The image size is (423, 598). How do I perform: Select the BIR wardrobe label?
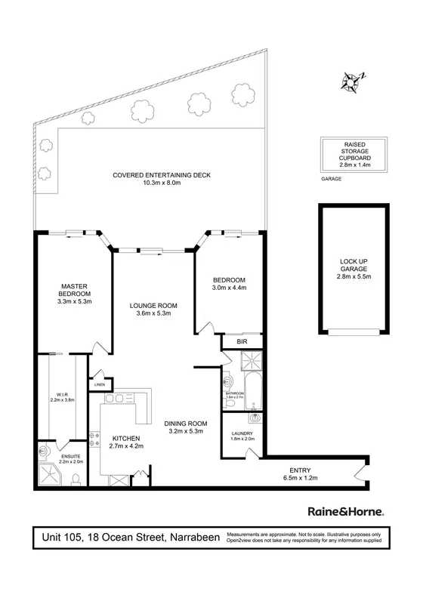point(243,341)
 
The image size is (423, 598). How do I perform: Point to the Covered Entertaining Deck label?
point(162,175)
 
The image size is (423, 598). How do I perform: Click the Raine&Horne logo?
point(346,510)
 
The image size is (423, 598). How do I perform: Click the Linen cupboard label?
point(100,385)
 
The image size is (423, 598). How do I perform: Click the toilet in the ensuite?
point(76,477)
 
